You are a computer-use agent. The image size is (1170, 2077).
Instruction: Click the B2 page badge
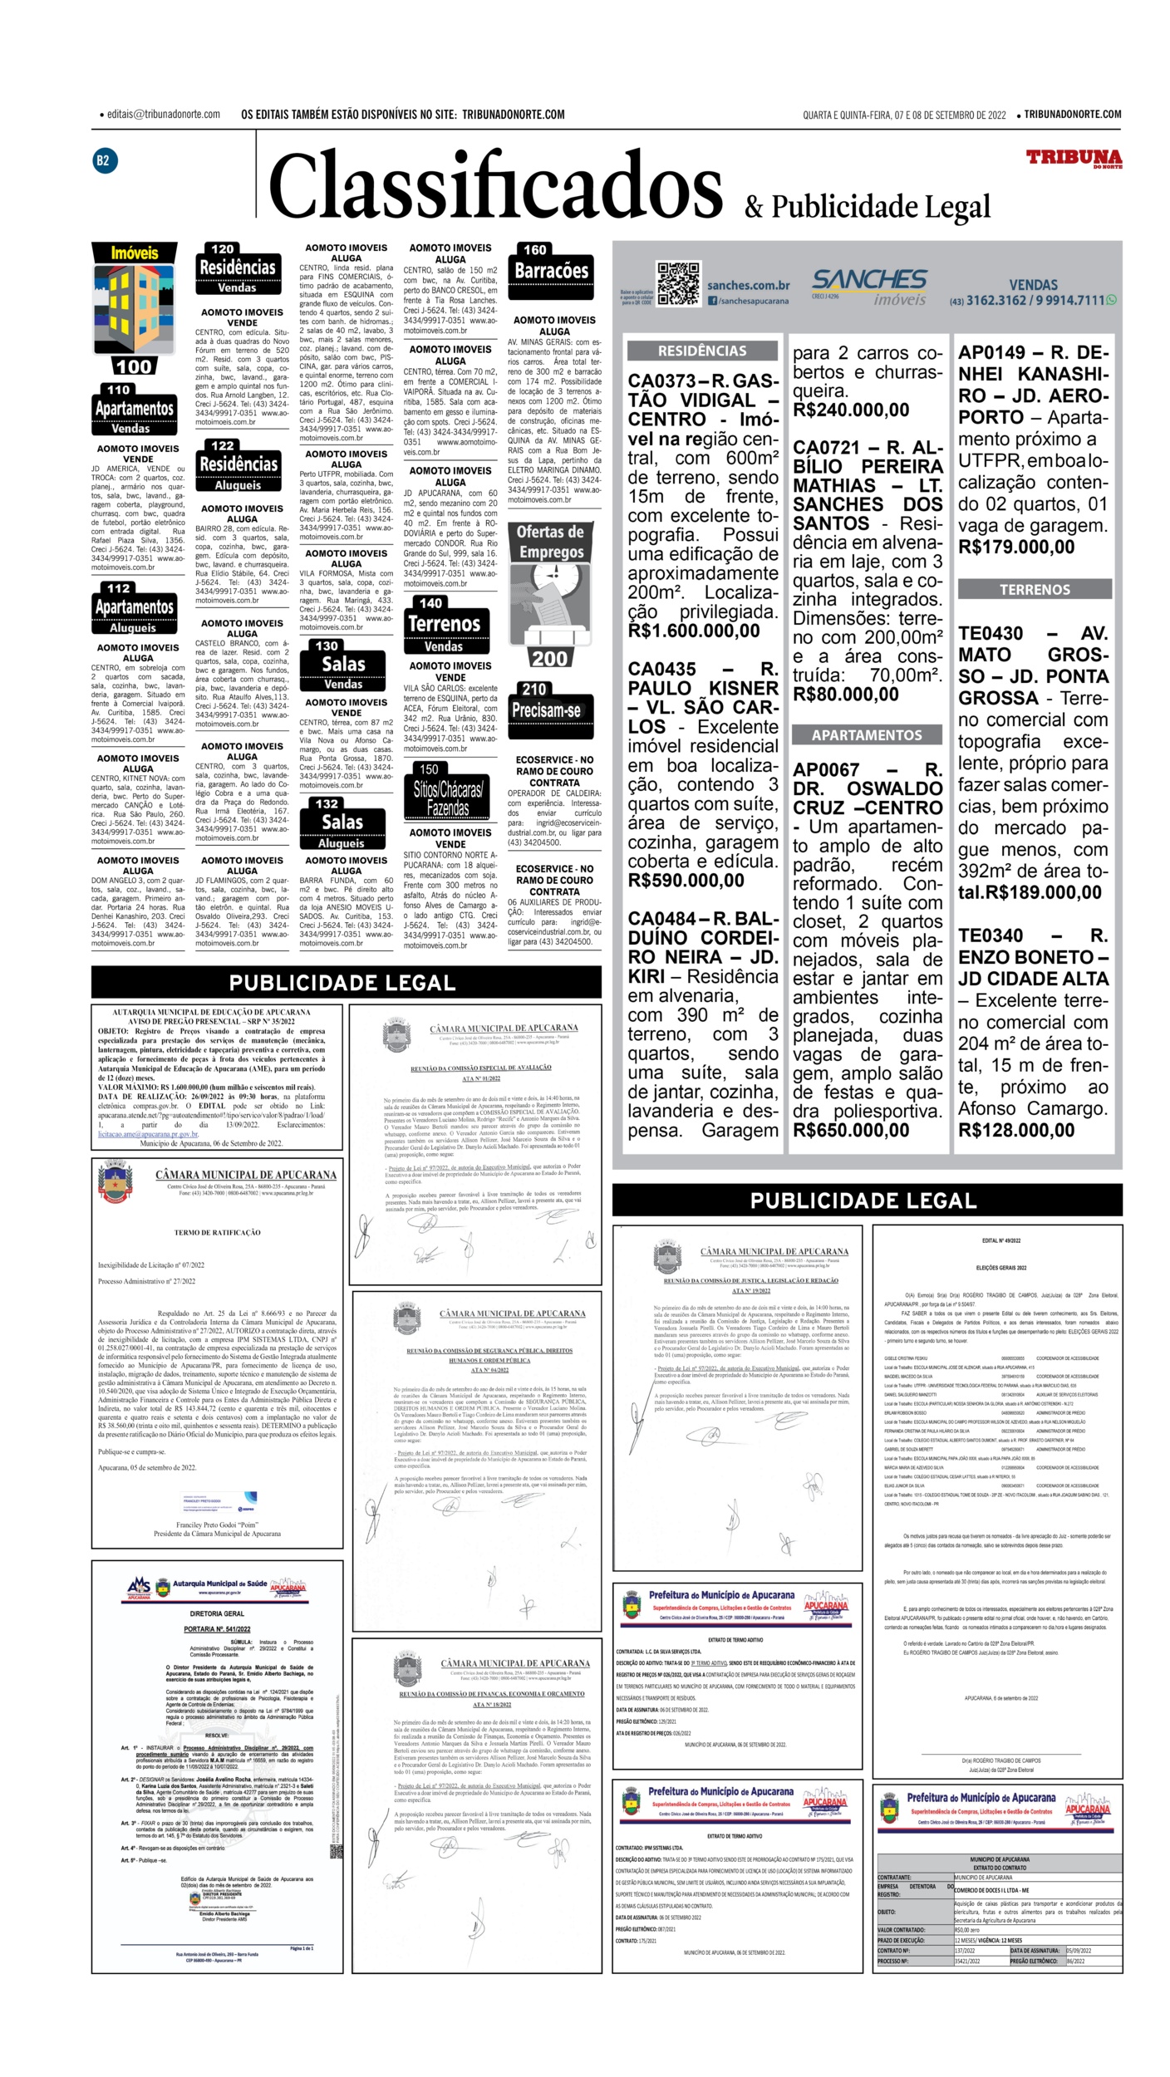tap(103, 160)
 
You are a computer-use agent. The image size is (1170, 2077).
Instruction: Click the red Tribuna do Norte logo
tap(1073, 159)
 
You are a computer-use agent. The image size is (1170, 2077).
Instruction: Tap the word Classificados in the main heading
tap(495, 188)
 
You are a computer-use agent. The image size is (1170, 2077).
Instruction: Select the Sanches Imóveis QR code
tap(678, 284)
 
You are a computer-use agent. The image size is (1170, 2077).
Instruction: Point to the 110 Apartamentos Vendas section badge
tap(134, 410)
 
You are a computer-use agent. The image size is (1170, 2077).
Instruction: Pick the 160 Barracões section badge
tap(551, 270)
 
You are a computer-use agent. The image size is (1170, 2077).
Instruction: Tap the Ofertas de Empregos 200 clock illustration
tap(550, 596)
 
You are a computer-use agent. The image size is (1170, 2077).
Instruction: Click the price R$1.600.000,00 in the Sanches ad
tap(694, 631)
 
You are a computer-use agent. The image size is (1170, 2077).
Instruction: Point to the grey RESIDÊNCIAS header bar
tap(702, 351)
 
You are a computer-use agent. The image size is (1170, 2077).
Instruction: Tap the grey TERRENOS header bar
tap(1035, 589)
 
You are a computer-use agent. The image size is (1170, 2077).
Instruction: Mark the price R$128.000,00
tap(1016, 1130)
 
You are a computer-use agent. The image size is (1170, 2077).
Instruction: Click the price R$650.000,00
tap(851, 1130)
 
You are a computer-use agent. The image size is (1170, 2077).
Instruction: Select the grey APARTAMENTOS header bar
tap(867, 734)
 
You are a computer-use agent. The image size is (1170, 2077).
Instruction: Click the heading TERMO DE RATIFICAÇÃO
tap(217, 1233)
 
